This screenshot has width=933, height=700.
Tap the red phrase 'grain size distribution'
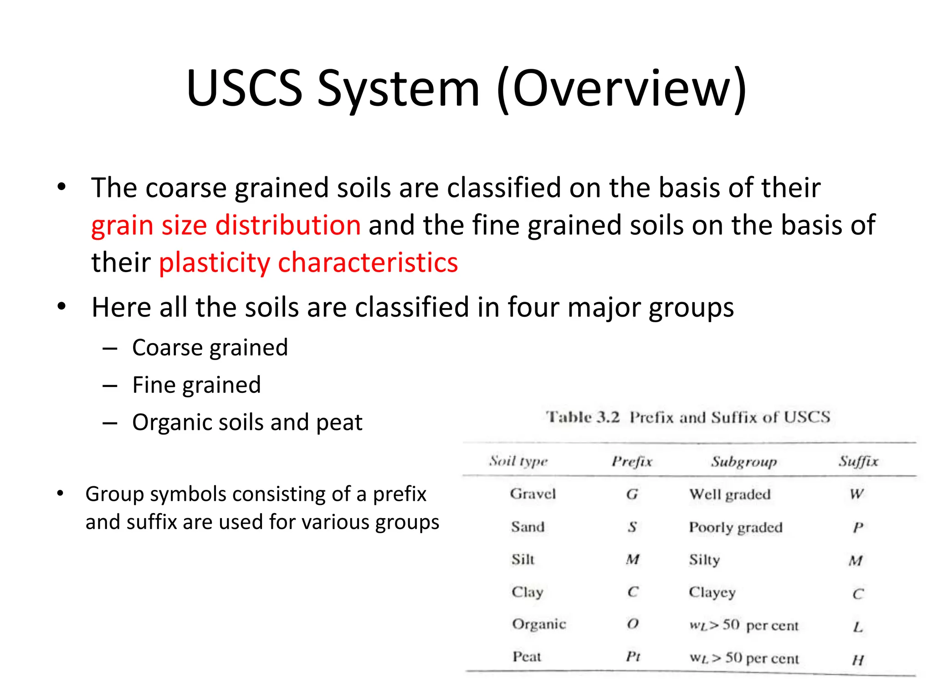[x=226, y=225]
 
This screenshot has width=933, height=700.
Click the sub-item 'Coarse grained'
[x=210, y=348]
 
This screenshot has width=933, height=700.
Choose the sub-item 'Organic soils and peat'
[x=247, y=422]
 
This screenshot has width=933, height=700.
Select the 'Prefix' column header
[x=632, y=462]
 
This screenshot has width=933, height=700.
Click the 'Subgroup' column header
[x=744, y=462]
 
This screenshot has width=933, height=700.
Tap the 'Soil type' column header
[x=518, y=462]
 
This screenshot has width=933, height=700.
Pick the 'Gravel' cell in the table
[x=533, y=494]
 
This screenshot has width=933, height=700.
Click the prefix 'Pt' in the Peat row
[x=633, y=657]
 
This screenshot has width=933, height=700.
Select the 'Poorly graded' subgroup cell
[x=736, y=527]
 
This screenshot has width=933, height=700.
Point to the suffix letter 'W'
[x=856, y=494]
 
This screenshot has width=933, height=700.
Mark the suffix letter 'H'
[x=858, y=659]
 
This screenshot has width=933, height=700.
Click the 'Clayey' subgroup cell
[x=712, y=592]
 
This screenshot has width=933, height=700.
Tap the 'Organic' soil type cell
[x=539, y=624]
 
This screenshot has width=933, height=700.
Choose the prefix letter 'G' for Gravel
[x=632, y=494]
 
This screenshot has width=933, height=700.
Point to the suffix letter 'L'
[x=858, y=627]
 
